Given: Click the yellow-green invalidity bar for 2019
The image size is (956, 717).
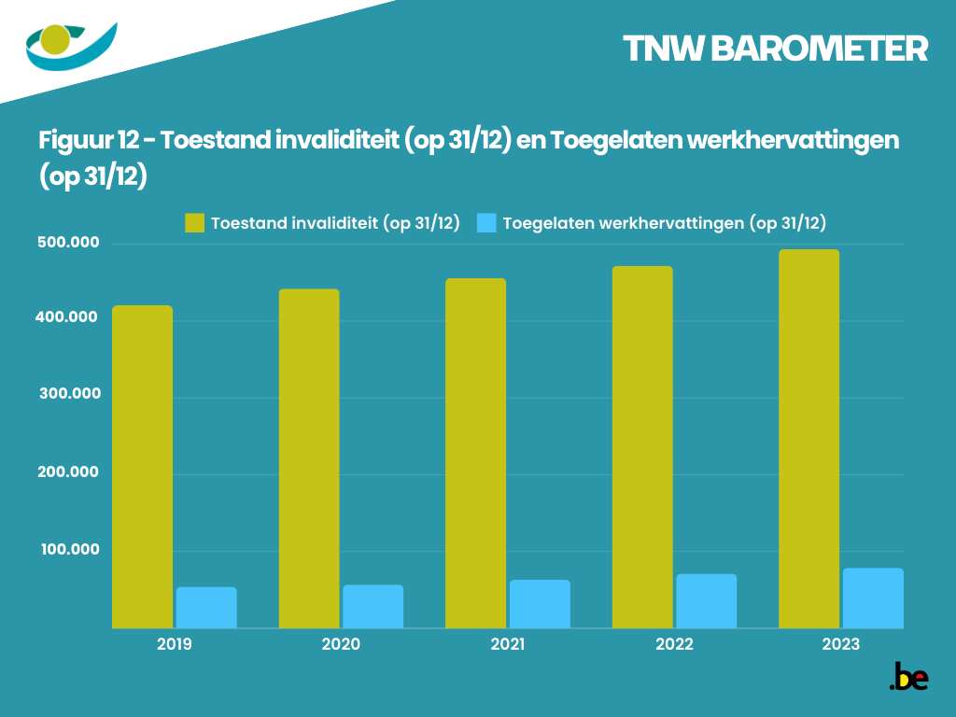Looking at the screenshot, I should pyautogui.click(x=142, y=467).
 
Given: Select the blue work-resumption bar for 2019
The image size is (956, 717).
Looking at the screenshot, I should pyautogui.click(x=206, y=608).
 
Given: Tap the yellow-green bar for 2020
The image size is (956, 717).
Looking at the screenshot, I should pyautogui.click(x=309, y=458).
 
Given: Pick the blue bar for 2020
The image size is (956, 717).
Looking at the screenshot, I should pyautogui.click(x=373, y=607).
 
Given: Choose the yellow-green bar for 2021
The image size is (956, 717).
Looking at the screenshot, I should pyautogui.click(x=475, y=453).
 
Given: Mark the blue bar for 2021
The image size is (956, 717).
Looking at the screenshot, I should pyautogui.click(x=540, y=604).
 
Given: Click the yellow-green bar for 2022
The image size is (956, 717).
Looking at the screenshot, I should pyautogui.click(x=642, y=447).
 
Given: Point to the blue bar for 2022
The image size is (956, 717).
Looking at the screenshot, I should pyautogui.click(x=706, y=601).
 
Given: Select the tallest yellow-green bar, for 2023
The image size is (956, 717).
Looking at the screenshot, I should pyautogui.click(x=808, y=439).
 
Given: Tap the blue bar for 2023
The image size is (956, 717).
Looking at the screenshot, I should pyautogui.click(x=873, y=598).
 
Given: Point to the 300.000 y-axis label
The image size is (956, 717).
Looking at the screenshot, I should pyautogui.click(x=68, y=395).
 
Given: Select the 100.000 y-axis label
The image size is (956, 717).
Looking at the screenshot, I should pyautogui.click(x=68, y=549).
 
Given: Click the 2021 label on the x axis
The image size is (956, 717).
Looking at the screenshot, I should pyautogui.click(x=508, y=644).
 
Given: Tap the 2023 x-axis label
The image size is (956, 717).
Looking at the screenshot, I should pyautogui.click(x=841, y=644).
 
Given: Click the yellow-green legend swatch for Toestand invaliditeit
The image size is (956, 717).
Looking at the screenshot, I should pyautogui.click(x=194, y=223).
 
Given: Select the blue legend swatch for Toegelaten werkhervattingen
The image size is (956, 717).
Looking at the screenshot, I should pyautogui.click(x=485, y=223).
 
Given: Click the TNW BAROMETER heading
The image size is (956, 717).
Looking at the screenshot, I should pyautogui.click(x=775, y=49).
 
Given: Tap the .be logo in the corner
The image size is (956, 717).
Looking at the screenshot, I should pyautogui.click(x=908, y=678).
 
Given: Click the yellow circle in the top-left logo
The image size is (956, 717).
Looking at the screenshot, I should pyautogui.click(x=55, y=40).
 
